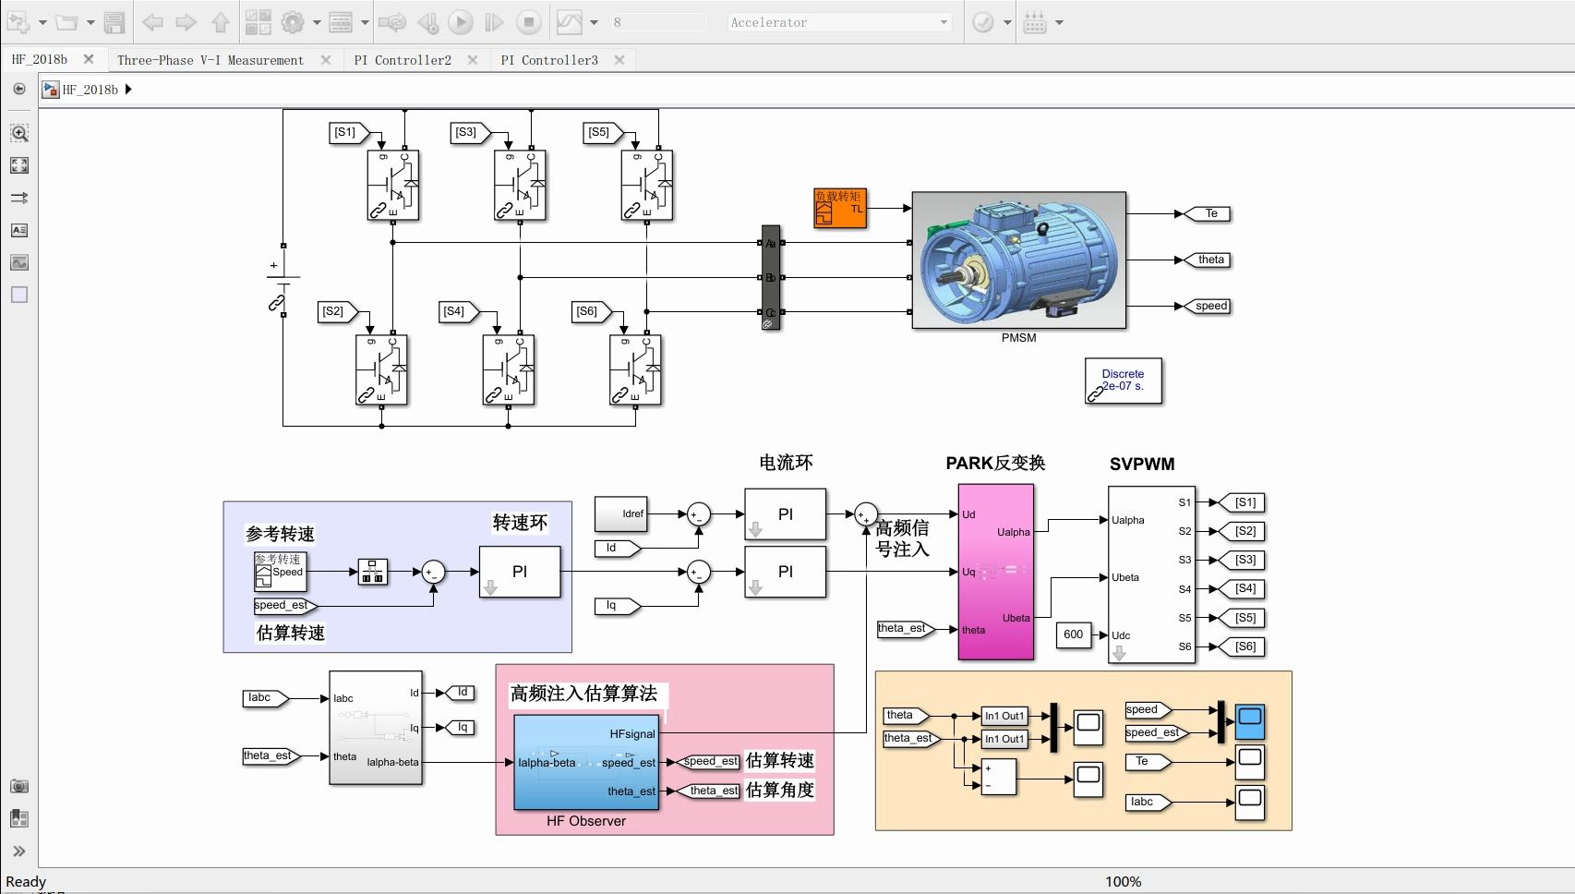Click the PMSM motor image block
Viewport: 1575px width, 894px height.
coord(1018,260)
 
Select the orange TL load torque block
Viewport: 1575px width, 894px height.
coord(839,208)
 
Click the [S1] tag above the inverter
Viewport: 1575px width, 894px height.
coord(346,133)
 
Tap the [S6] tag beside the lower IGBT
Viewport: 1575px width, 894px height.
coord(588,312)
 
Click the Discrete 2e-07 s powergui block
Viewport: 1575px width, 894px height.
coord(1123,381)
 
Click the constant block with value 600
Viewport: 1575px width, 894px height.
coord(1073,634)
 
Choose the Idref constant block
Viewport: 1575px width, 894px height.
coord(620,513)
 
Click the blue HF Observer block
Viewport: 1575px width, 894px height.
coord(585,762)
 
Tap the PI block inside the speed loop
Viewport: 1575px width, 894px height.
coord(520,572)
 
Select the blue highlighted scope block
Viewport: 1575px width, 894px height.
coord(1249,721)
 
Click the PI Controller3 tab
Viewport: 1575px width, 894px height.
coord(549,60)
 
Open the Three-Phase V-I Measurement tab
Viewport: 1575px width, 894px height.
coord(210,60)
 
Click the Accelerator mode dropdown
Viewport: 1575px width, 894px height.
coord(837,22)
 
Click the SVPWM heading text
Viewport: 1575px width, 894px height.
coord(1142,464)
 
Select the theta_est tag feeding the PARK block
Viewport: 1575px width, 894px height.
coord(902,629)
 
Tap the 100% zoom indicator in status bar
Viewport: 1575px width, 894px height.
coord(1123,881)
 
